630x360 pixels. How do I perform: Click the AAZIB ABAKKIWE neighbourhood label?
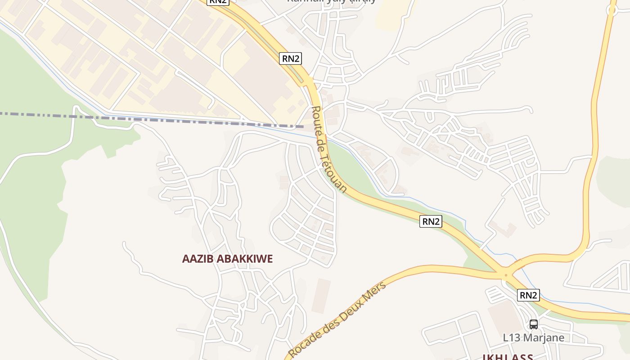(x=227, y=259)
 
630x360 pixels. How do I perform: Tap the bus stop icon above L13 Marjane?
(x=533, y=324)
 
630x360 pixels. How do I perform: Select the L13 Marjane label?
(x=533, y=337)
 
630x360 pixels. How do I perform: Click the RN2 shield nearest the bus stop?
(x=528, y=295)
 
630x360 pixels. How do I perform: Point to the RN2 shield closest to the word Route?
(x=290, y=58)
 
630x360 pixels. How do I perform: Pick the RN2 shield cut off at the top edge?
(x=218, y=2)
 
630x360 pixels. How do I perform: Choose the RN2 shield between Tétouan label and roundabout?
(x=431, y=221)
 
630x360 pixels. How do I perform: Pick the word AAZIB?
(x=198, y=259)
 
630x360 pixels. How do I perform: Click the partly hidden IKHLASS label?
(x=508, y=357)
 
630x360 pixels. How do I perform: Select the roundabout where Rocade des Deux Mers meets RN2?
(x=506, y=275)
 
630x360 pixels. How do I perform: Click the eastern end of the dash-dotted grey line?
(x=302, y=126)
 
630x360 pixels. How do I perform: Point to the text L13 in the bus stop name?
(x=511, y=337)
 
